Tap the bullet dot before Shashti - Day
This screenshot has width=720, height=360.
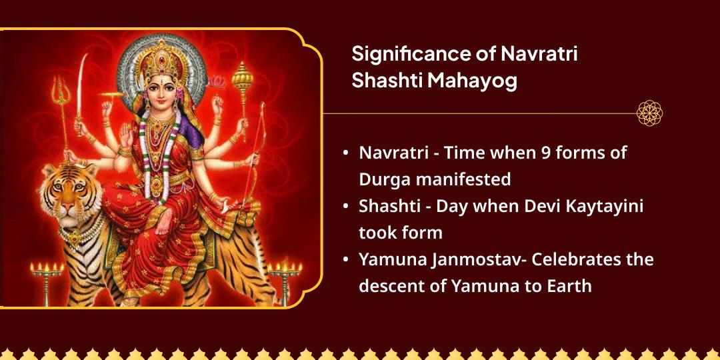[x=345, y=207]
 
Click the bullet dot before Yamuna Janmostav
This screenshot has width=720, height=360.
[x=345, y=260]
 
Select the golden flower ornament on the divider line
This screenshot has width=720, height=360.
[x=649, y=113]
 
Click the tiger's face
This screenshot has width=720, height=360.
[x=64, y=193]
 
